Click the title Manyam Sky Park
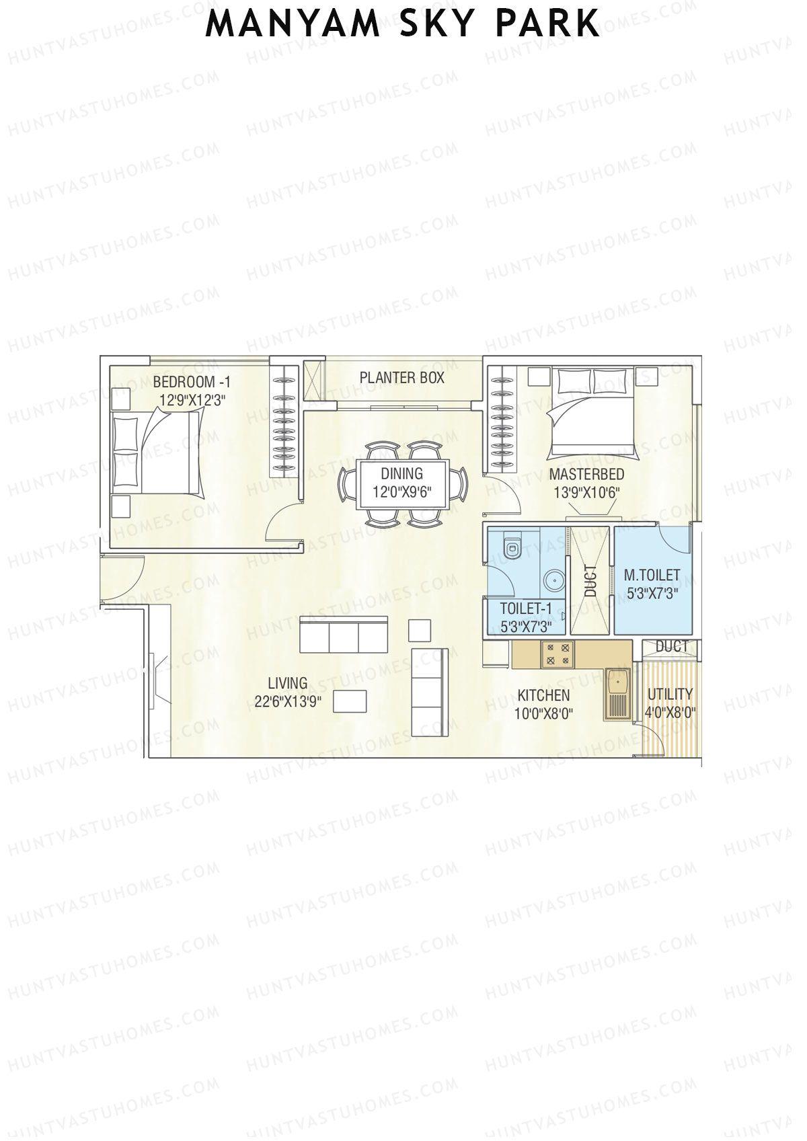pyautogui.click(x=402, y=24)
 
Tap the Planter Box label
pyautogui.click(x=401, y=378)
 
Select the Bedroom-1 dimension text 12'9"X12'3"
pyautogui.click(x=192, y=399)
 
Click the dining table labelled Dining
pyautogui.click(x=401, y=483)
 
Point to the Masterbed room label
pyautogui.click(x=586, y=475)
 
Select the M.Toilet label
pyautogui.click(x=652, y=576)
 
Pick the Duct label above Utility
pyautogui.click(x=671, y=647)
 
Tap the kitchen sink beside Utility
pyautogui.click(x=616, y=694)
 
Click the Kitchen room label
pyautogui.click(x=543, y=695)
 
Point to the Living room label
pyautogui.click(x=288, y=683)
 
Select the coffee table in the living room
pyautogui.click(x=350, y=701)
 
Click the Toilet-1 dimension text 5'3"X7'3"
pyautogui.click(x=526, y=627)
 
